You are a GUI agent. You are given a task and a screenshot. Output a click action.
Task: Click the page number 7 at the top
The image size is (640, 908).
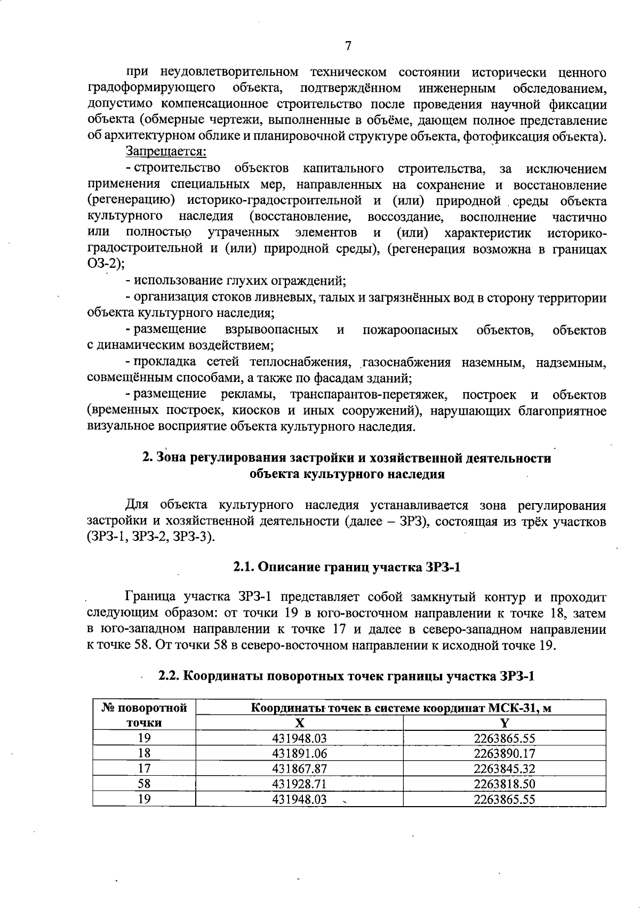[348, 46]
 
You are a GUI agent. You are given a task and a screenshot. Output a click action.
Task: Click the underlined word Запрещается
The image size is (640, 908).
[166, 152]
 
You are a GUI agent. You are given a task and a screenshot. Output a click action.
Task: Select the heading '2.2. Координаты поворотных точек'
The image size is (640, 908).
[347, 676]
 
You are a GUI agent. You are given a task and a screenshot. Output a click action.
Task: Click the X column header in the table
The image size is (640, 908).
[300, 723]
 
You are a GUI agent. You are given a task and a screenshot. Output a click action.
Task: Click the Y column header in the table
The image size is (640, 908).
[504, 723]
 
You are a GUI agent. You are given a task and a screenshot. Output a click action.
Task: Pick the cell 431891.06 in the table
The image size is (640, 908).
[299, 753]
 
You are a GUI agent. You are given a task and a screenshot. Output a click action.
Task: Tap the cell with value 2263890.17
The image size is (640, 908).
[504, 753]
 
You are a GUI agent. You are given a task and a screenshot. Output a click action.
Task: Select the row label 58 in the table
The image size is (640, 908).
[144, 784]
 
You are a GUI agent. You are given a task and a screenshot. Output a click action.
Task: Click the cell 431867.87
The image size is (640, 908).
[299, 769]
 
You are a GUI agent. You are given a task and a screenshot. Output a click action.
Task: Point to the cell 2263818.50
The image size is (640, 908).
[504, 784]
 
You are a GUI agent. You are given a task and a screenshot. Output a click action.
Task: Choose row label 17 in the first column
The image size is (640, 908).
[144, 769]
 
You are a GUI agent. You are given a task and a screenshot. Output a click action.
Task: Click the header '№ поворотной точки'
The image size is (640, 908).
[144, 715]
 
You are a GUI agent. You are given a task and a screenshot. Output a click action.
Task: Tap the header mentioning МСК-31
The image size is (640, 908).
[401, 708]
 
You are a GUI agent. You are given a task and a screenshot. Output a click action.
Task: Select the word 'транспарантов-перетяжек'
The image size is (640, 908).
[369, 395]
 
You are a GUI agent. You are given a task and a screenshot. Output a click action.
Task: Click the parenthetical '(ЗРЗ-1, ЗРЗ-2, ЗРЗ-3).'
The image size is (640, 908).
[151, 537]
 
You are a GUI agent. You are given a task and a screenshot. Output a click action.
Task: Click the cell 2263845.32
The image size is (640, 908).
[504, 769]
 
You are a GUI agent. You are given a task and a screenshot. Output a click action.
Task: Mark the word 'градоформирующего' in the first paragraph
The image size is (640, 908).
[151, 87]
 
